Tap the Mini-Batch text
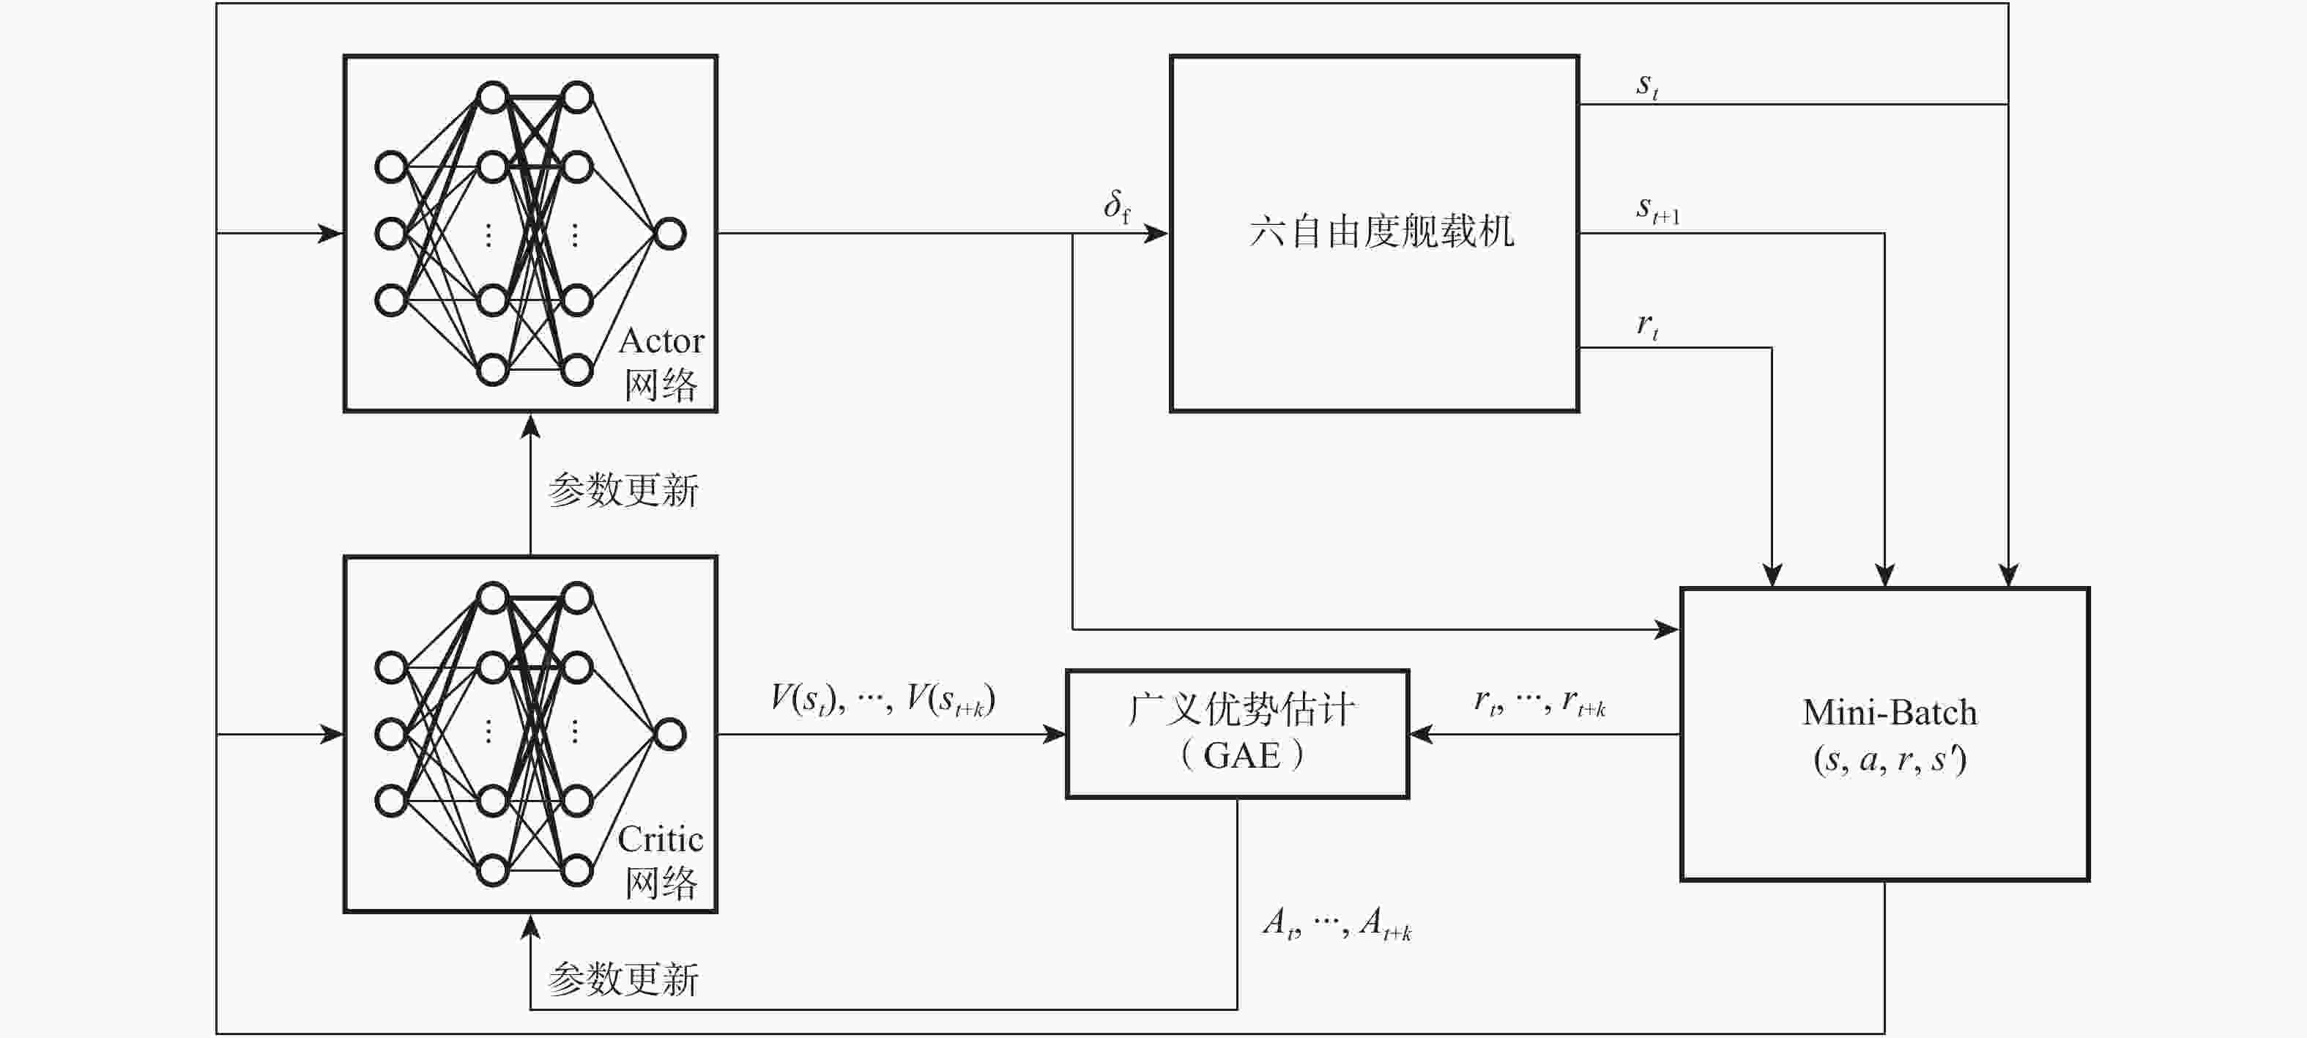(x=1890, y=713)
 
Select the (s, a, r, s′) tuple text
(x=1890, y=760)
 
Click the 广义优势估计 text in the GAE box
(x=1241, y=709)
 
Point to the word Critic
(x=660, y=839)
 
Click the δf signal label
(x=1116, y=206)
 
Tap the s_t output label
(x=1647, y=86)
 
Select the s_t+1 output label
(x=1657, y=210)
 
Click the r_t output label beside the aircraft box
(x=1647, y=326)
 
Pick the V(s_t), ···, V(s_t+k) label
(x=882, y=699)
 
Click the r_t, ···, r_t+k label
(x=1539, y=701)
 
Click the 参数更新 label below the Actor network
(x=623, y=490)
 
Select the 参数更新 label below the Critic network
(x=623, y=979)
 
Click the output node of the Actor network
(x=670, y=234)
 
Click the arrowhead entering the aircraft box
(x=1157, y=234)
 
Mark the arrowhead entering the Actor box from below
(x=531, y=426)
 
